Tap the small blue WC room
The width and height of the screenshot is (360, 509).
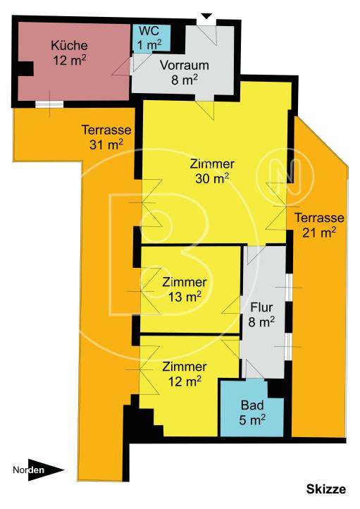[149, 37]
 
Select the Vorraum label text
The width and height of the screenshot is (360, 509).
[185, 66]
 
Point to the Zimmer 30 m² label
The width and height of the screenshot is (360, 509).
[212, 171]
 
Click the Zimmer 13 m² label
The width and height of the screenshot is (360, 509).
[184, 288]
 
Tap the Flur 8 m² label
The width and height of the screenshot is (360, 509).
[261, 314]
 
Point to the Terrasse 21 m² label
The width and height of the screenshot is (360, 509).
[319, 223]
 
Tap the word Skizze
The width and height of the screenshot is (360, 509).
[326, 489]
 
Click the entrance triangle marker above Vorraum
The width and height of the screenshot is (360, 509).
[206, 16]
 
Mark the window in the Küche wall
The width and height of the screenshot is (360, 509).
[49, 104]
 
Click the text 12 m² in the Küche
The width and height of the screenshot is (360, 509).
[69, 60]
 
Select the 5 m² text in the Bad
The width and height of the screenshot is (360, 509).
[252, 421]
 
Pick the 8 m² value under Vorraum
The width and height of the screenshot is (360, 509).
[185, 80]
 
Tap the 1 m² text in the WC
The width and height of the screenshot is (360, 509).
[149, 44]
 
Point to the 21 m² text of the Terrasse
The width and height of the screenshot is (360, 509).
[319, 231]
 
